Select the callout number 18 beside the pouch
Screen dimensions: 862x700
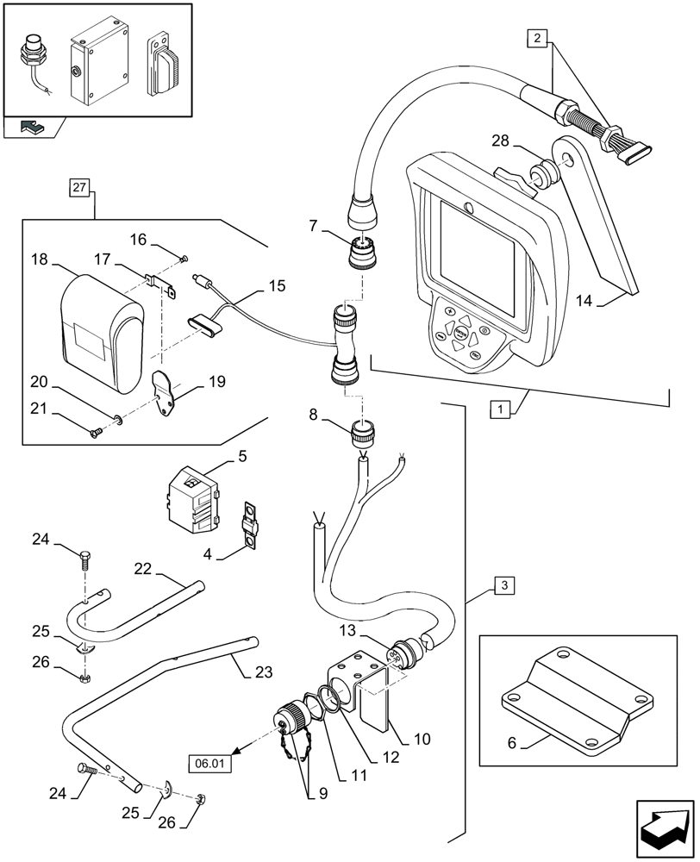(x=39, y=259)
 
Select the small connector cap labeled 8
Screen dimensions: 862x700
(x=363, y=430)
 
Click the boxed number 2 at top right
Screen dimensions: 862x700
(x=538, y=37)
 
